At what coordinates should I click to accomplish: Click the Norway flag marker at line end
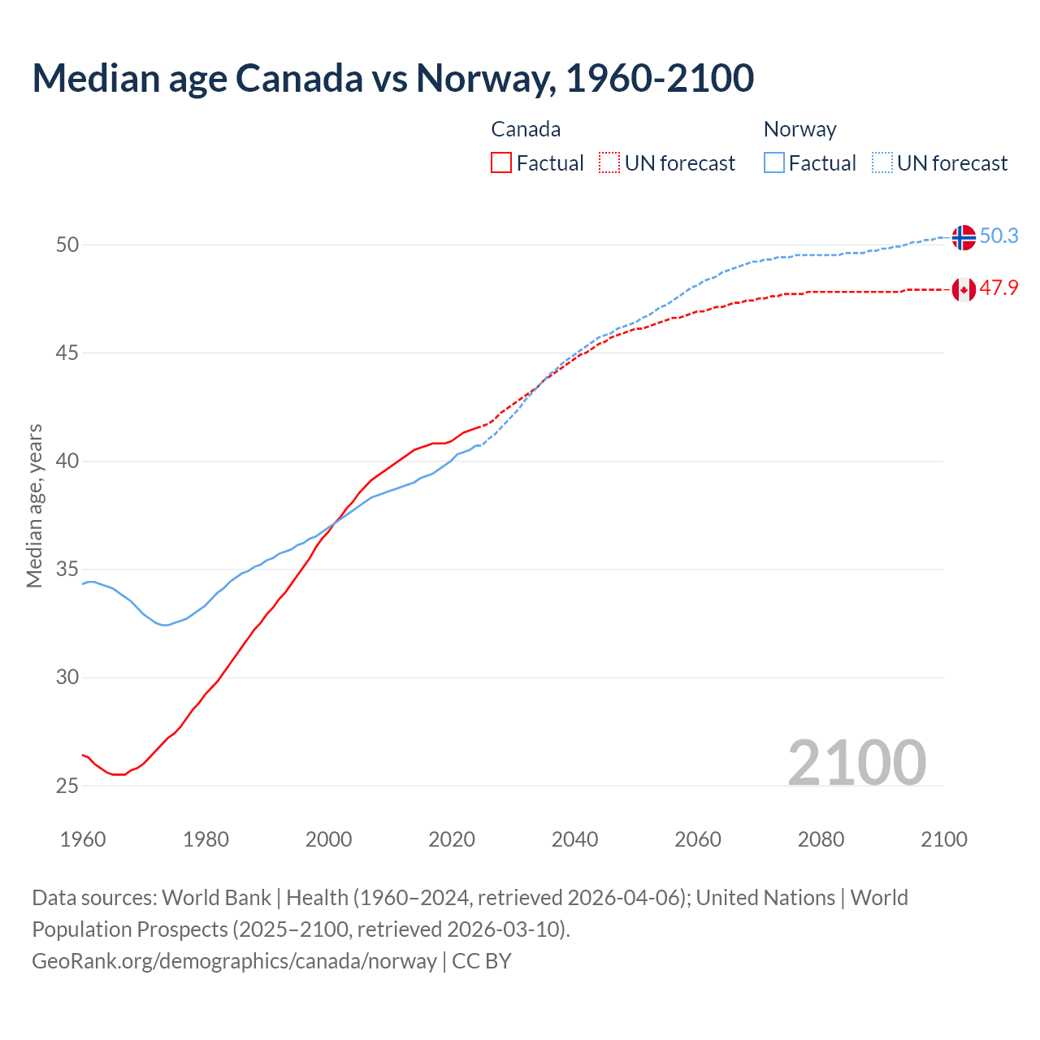click(964, 237)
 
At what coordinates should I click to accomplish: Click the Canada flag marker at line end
click(964, 289)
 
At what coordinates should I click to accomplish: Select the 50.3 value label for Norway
click(999, 236)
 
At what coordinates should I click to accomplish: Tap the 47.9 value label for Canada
click(999, 288)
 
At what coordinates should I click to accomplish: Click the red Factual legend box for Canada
click(501, 163)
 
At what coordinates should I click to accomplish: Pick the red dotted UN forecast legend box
click(609, 163)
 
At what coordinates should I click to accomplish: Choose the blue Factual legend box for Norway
click(774, 163)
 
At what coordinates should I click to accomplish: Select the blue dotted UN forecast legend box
click(882, 163)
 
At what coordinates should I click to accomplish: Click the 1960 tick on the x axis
click(83, 839)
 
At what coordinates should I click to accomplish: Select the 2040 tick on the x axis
click(574, 839)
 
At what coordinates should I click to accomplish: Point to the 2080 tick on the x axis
click(821, 839)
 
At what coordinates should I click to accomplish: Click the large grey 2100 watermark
click(856, 762)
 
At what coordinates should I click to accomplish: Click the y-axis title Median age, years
click(34, 505)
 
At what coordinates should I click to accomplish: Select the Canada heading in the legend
click(526, 129)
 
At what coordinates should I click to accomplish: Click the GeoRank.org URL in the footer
click(234, 961)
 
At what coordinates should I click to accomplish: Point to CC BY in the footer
click(482, 961)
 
